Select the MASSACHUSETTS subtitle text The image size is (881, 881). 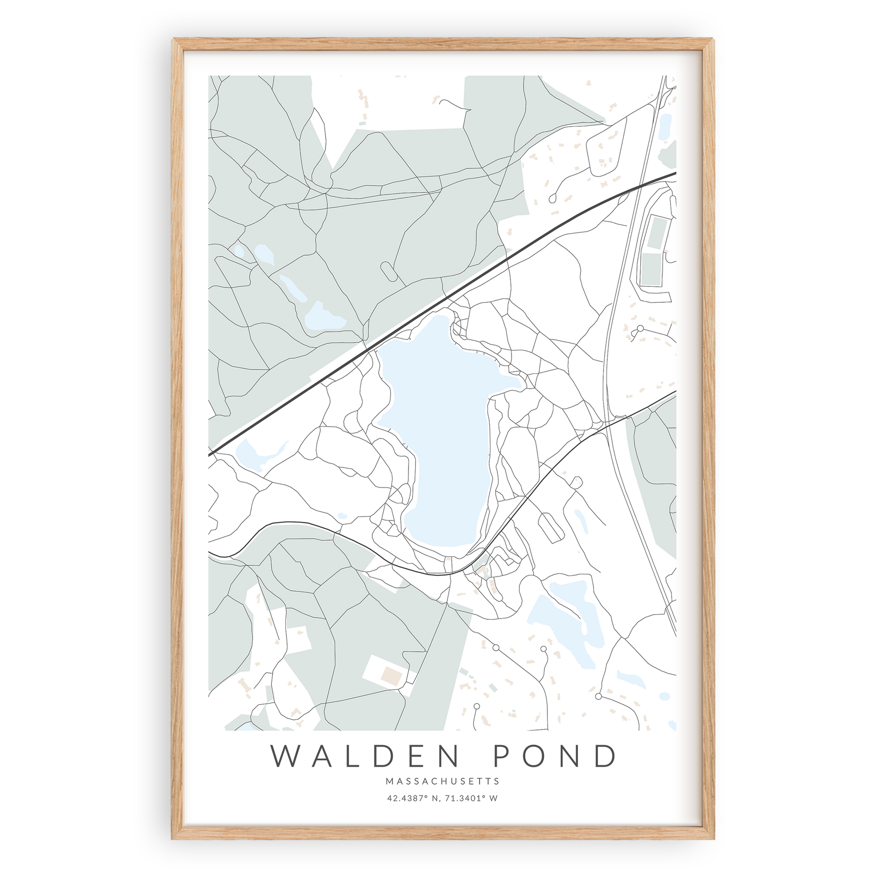(x=442, y=781)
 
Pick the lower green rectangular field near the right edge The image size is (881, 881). (x=652, y=269)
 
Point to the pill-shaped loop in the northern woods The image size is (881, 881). (x=388, y=271)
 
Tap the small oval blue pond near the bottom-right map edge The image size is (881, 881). (x=664, y=709)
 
